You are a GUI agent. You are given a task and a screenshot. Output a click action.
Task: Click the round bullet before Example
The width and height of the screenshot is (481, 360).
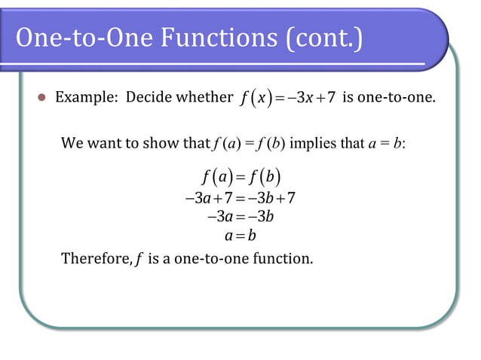tap(42, 98)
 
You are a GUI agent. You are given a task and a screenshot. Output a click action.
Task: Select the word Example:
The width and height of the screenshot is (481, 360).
tap(87, 97)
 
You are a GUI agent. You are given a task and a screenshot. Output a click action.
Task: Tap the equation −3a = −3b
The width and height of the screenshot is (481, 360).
tap(240, 218)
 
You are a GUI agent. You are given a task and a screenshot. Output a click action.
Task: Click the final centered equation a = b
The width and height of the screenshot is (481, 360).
tap(240, 236)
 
